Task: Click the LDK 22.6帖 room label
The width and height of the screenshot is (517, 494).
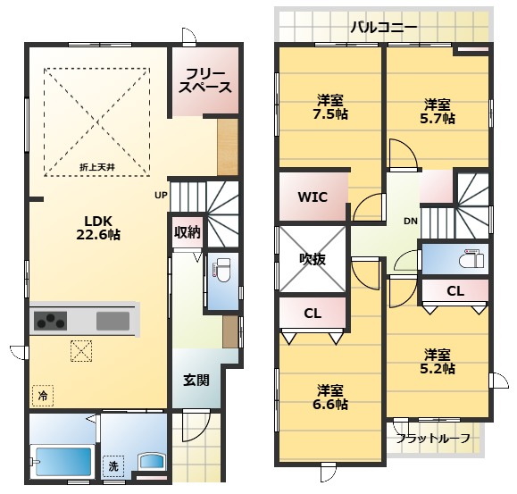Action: tap(98, 228)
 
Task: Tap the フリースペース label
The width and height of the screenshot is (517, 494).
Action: tap(205, 80)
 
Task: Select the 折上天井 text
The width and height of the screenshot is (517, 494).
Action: tap(97, 167)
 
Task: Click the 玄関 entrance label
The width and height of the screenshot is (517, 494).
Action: tap(196, 381)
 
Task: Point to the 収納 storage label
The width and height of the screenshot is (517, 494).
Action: tap(188, 232)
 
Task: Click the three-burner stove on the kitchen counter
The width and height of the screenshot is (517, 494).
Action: tap(50, 321)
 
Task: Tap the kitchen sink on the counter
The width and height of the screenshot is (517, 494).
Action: tap(113, 321)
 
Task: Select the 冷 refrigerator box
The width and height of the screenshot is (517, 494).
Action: tap(43, 396)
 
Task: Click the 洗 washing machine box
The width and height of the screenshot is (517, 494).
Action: tap(113, 466)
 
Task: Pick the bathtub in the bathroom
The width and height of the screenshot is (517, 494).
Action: tap(63, 462)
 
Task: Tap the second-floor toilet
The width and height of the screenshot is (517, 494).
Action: tap(471, 259)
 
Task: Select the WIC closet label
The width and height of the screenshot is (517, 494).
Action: tap(313, 197)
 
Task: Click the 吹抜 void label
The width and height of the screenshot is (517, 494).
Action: tap(313, 259)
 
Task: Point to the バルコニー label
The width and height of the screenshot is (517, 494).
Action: tap(384, 28)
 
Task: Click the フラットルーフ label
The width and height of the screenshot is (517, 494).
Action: tap(433, 439)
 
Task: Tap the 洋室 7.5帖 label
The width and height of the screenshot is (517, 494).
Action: tap(330, 107)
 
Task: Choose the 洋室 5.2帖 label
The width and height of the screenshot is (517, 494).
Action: tap(438, 362)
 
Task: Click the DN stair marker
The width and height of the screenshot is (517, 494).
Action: tap(411, 221)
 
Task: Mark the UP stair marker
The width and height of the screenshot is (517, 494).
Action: tap(162, 196)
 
